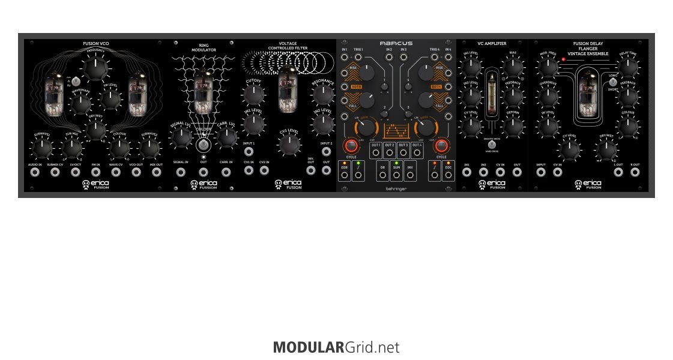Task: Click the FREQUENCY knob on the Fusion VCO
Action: pos(94,69)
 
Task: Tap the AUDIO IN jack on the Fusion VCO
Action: pos(35,172)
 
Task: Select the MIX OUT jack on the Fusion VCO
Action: pos(157,172)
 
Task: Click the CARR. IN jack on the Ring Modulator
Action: pos(226,172)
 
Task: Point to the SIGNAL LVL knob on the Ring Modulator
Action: pos(181,137)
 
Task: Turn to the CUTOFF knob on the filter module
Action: pos(253,94)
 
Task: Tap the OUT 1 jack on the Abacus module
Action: pos(376,152)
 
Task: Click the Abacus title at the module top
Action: pos(396,43)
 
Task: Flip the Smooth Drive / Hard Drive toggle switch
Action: pos(492,145)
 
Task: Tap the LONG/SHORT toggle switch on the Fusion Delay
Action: pos(612,82)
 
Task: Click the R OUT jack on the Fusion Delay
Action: pos(635,172)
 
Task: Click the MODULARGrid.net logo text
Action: pos(336,347)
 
